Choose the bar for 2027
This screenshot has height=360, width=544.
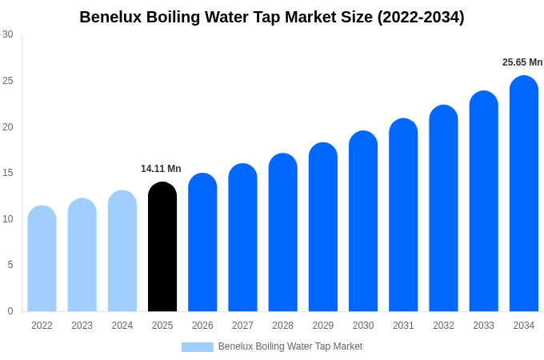click(242, 238)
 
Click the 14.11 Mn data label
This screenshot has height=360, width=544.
click(161, 169)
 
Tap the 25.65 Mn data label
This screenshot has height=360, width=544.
click(522, 62)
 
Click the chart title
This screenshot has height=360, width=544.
click(272, 17)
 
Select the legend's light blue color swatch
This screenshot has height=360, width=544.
click(197, 347)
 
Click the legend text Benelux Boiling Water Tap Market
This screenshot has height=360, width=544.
click(290, 346)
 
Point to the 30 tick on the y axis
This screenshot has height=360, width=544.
click(8, 34)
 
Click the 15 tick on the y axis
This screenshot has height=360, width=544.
click(8, 173)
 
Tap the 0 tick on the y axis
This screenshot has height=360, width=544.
click(10, 311)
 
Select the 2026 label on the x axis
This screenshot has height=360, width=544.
click(202, 326)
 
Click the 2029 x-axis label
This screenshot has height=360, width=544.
click(323, 326)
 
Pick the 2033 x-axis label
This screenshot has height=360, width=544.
click(483, 326)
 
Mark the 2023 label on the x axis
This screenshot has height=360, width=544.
click(82, 326)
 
